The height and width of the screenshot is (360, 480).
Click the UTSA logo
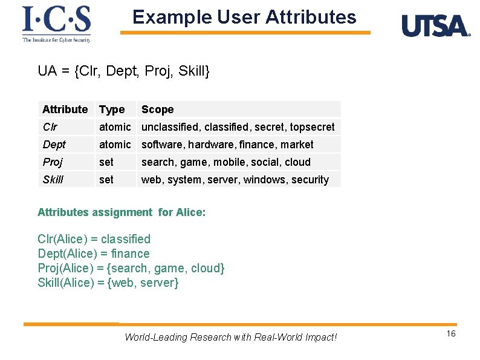pos(435,26)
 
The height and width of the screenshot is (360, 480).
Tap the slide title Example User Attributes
pos(244,17)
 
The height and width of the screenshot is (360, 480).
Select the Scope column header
pos(157,110)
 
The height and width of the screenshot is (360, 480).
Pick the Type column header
pos(112,110)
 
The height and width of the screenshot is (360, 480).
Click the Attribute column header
pos(65,110)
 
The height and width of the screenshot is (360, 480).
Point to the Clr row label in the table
pos(50,127)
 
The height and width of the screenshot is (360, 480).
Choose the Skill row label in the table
pos(53,180)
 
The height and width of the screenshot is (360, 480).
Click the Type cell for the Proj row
pos(106,162)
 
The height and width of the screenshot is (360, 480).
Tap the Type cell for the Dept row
pos(114,145)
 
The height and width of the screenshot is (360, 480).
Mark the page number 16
pos(451,335)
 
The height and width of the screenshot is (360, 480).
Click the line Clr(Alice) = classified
pos(94,239)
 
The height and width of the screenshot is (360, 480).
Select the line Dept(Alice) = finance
pos(93,254)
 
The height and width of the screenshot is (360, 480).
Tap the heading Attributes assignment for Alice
pos(122,212)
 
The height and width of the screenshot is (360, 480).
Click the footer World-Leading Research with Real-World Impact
pos(230,337)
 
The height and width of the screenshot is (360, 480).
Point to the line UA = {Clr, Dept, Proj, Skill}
pos(123,71)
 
